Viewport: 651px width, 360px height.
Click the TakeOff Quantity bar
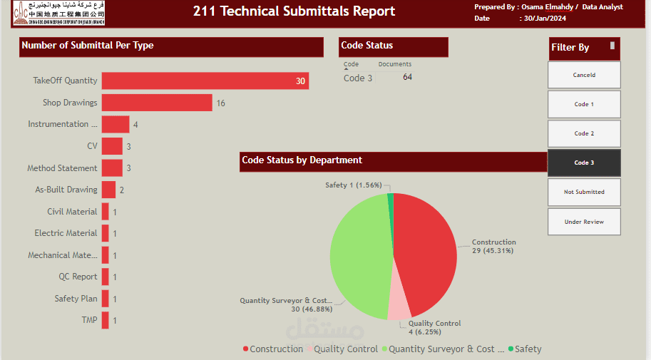[x=205, y=81]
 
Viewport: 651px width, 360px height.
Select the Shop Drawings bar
[x=157, y=103]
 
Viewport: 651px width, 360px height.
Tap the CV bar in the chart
[x=112, y=146]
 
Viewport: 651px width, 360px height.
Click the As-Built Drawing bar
[x=108, y=190]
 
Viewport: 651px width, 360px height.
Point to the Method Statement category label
[x=62, y=168]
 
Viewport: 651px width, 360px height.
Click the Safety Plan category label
[x=76, y=299]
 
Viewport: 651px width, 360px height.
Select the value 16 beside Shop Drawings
[x=220, y=103]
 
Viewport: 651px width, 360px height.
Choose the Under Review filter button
[x=584, y=222]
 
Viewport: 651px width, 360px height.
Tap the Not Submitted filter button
[x=584, y=192]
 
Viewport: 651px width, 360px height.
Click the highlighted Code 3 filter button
[x=584, y=163]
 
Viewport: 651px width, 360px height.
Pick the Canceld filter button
[x=584, y=75]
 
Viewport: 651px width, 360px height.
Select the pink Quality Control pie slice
[x=399, y=306]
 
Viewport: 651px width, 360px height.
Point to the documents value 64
[x=407, y=78]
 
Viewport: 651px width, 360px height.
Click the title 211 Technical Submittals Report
[x=294, y=11]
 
